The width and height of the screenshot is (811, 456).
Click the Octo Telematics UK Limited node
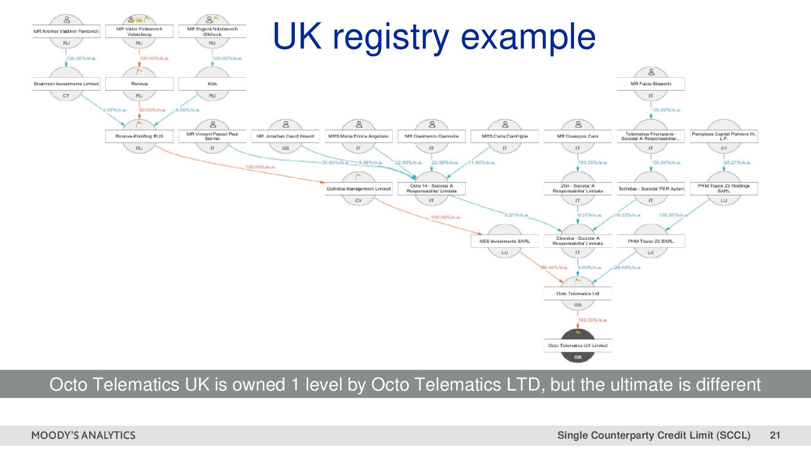point(577,346)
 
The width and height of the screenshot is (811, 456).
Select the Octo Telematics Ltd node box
point(577,293)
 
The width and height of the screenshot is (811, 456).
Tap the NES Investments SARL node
point(504,241)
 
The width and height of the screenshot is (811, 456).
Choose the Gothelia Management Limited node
point(358,189)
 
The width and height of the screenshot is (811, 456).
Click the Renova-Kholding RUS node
point(139,136)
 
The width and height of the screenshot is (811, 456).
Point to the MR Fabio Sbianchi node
point(650,84)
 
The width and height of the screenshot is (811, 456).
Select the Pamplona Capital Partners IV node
point(724,136)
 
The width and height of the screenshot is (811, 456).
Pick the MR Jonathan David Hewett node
point(285,136)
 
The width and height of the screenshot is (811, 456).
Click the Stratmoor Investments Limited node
point(66,84)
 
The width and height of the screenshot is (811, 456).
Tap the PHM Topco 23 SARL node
point(650,241)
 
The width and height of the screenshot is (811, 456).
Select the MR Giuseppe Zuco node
point(577,136)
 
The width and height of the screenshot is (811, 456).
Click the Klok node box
point(212,84)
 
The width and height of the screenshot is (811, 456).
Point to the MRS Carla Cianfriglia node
point(504,136)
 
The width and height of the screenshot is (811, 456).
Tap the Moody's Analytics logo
point(83,435)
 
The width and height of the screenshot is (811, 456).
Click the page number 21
point(775,435)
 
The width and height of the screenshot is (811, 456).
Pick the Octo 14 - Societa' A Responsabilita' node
point(431,189)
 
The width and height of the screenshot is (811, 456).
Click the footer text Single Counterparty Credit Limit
point(653,435)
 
